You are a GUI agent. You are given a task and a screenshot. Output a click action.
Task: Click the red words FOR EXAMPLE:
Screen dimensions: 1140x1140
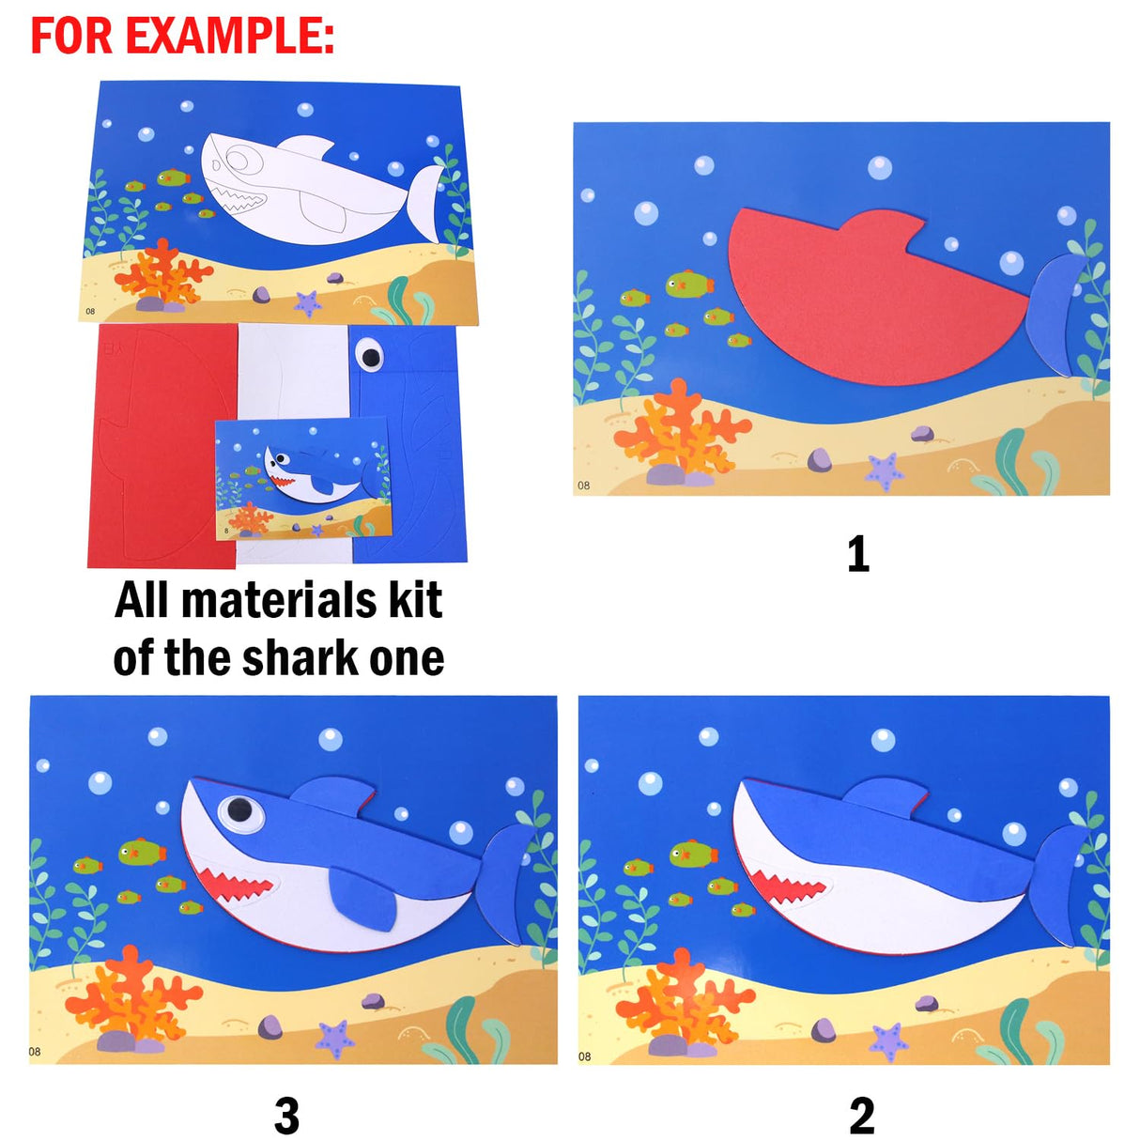coord(182,36)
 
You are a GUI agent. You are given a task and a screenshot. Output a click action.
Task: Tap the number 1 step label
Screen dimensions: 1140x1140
coord(857,555)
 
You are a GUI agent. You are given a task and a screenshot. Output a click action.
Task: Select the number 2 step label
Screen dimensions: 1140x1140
coord(861,1116)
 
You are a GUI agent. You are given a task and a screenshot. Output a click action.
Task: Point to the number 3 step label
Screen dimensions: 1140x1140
coord(286,1116)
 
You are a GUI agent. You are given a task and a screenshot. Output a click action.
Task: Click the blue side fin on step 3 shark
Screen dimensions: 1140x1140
coord(362,898)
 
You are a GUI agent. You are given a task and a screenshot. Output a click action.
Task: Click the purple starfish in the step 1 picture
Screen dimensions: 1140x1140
coord(884,470)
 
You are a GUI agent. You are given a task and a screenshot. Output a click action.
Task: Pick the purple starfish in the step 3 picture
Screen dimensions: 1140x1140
coord(334,1039)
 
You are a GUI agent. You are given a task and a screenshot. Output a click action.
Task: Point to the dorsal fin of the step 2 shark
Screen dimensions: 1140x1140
coord(885,797)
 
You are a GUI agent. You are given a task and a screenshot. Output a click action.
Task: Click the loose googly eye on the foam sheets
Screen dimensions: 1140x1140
coord(372,355)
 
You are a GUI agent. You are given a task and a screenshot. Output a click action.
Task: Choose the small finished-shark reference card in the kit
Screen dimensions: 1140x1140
coord(302,479)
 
